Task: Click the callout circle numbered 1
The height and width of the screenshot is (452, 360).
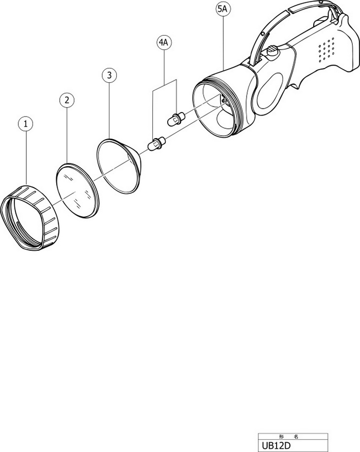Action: tap(26, 124)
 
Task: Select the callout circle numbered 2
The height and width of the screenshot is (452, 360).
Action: tap(67, 100)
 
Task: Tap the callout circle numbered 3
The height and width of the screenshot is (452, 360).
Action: tap(109, 75)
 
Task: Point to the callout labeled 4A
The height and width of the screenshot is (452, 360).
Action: tap(164, 42)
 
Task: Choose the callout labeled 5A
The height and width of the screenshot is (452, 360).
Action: tap(222, 9)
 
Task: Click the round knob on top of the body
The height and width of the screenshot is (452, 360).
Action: tap(274, 53)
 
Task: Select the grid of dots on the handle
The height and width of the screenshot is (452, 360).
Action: tap(326, 49)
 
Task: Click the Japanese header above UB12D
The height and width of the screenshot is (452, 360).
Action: tap(288, 437)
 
